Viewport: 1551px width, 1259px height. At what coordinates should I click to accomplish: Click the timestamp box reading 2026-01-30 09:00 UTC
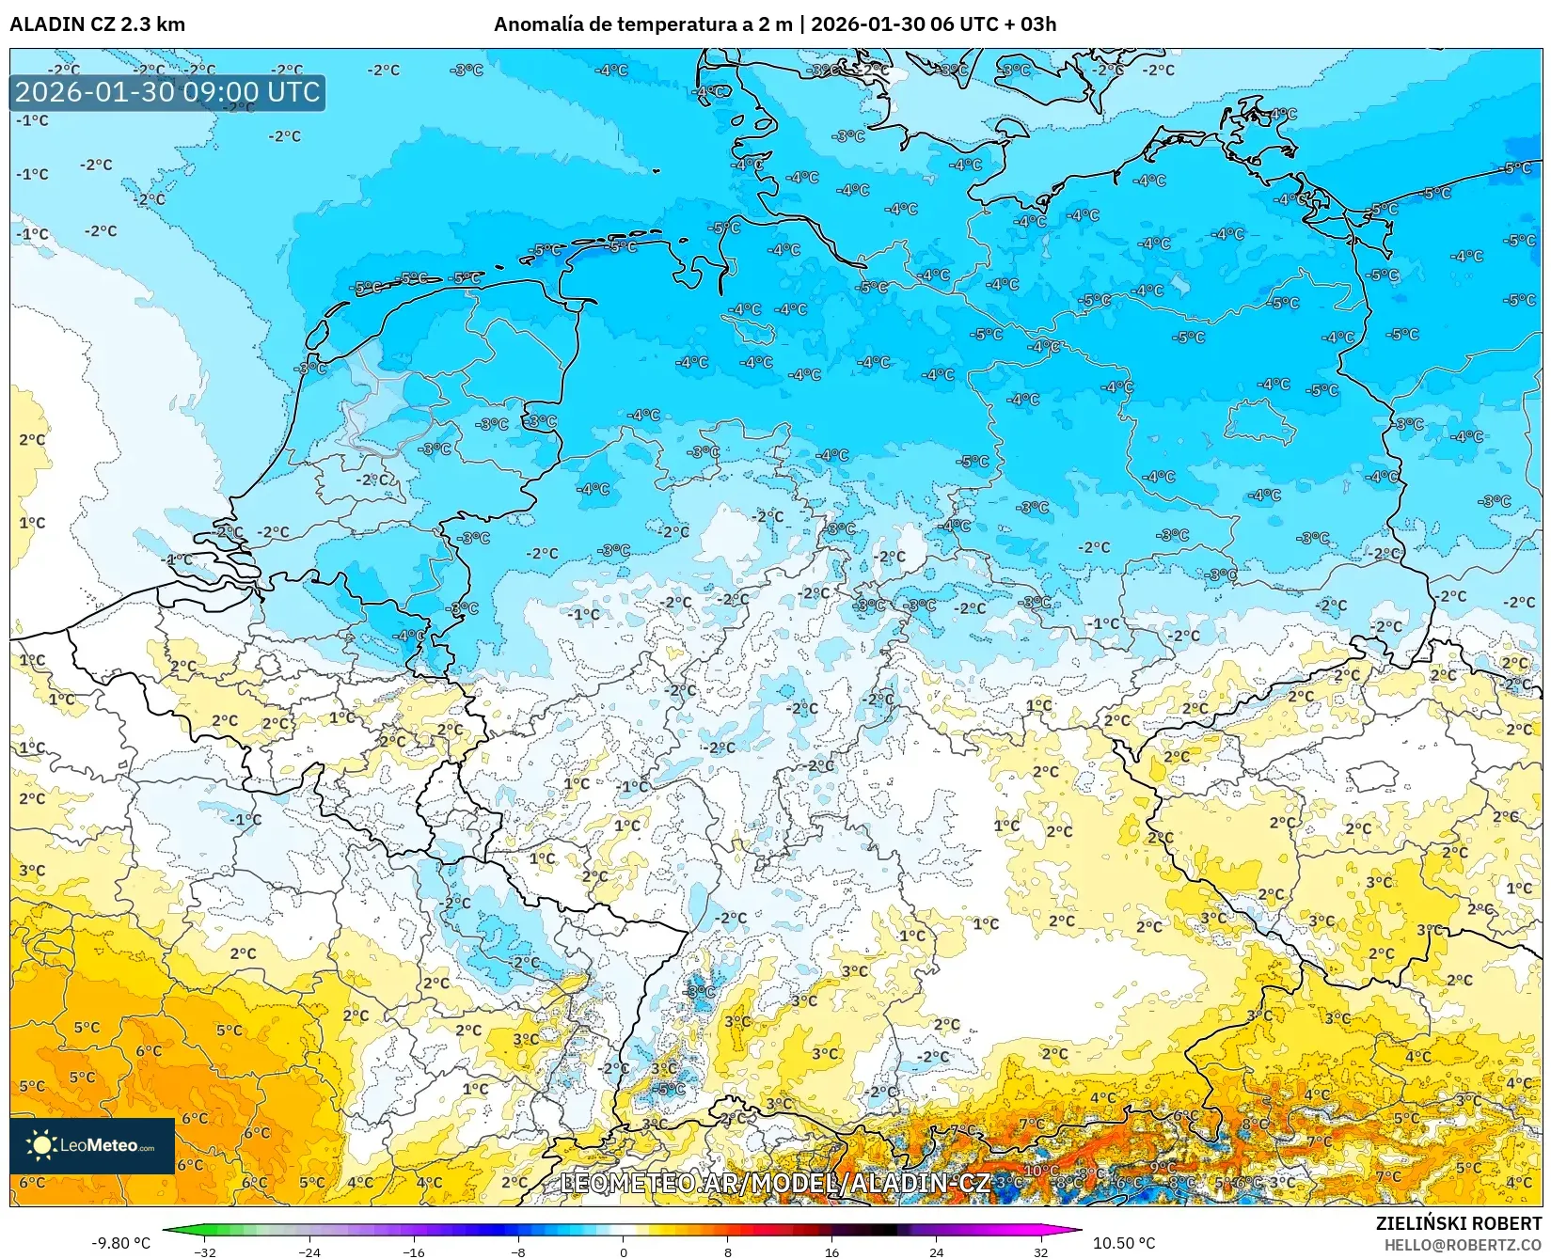click(167, 92)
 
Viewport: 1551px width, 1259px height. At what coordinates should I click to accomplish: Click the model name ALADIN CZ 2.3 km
click(97, 24)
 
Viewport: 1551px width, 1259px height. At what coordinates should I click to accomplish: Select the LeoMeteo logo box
click(92, 1145)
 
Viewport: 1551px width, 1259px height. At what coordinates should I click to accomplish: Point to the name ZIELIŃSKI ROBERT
click(1458, 1223)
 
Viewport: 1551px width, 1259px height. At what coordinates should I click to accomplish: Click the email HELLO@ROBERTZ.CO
click(1462, 1244)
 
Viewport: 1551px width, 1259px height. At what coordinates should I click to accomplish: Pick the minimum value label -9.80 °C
click(120, 1243)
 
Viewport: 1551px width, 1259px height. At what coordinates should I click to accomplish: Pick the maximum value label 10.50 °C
click(1123, 1243)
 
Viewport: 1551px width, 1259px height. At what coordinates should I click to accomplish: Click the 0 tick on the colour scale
click(623, 1251)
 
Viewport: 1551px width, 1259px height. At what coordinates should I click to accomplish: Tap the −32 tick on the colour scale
click(204, 1251)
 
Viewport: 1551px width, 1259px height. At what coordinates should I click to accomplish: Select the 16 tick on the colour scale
click(831, 1251)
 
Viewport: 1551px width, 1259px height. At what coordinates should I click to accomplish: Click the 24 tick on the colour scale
click(936, 1251)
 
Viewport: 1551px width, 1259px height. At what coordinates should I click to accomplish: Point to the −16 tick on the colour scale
click(413, 1251)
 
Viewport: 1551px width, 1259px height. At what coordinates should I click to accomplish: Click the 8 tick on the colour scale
click(727, 1251)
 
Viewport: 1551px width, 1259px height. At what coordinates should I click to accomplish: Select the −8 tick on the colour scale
click(517, 1251)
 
